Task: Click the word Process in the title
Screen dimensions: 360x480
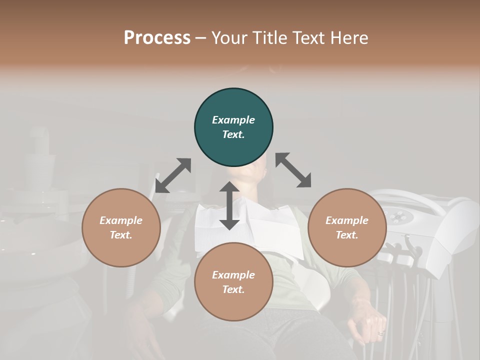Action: click(x=157, y=38)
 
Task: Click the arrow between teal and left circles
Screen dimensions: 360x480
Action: click(x=173, y=175)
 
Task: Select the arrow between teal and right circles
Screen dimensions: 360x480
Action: click(x=293, y=170)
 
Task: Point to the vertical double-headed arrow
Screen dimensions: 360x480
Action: click(x=229, y=205)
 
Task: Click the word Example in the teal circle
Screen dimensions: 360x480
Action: click(x=233, y=120)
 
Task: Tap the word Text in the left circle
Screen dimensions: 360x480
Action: click(x=121, y=235)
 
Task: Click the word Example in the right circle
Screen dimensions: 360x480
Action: click(x=347, y=220)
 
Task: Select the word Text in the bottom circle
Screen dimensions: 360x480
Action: click(x=233, y=289)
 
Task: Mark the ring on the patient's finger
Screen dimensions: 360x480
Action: click(x=381, y=333)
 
